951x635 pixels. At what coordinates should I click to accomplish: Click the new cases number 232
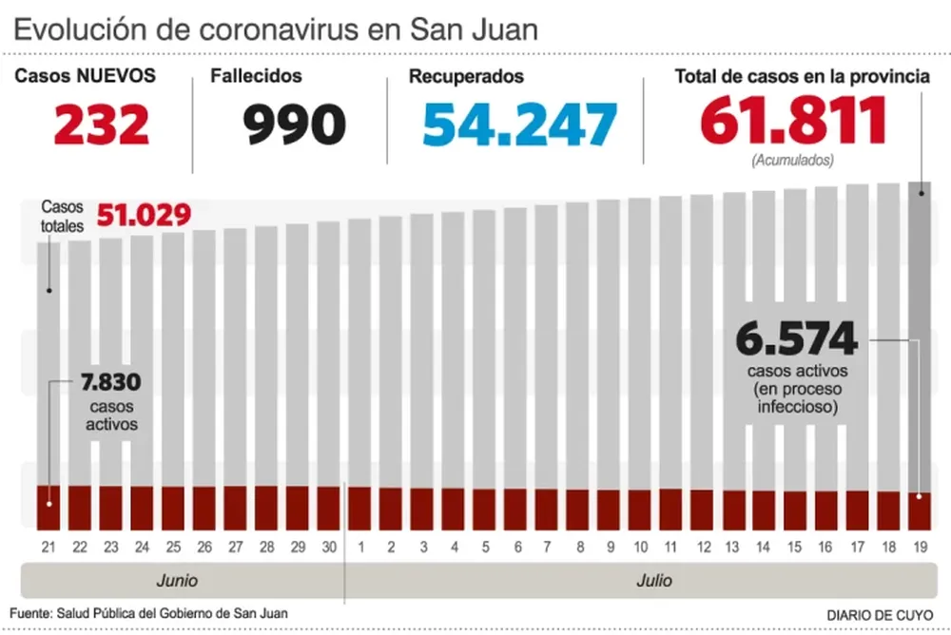tap(102, 125)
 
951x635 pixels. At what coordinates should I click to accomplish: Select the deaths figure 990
tap(294, 125)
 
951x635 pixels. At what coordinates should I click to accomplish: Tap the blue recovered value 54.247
tap(519, 125)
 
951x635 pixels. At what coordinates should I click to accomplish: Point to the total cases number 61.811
tap(793, 122)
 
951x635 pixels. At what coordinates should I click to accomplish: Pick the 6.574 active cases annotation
tap(797, 339)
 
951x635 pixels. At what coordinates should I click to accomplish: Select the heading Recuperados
tap(466, 76)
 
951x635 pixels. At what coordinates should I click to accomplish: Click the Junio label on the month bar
tap(177, 580)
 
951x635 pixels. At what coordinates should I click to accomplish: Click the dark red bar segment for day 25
tap(172, 508)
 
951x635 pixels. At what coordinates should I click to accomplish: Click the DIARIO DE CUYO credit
tap(880, 614)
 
